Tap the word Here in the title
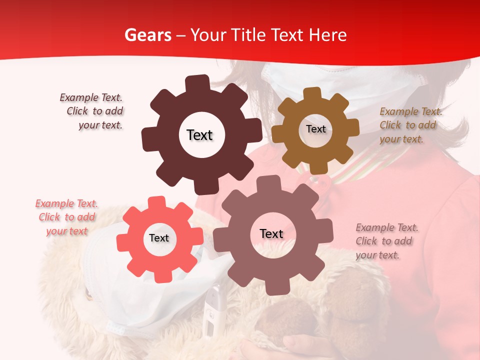(327, 35)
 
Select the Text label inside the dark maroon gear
(199, 135)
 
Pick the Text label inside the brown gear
(315, 129)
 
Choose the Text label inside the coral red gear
(159, 238)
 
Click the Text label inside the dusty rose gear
(271, 233)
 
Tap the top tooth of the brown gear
(312, 93)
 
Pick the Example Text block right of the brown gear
(410, 125)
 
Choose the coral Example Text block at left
(67, 217)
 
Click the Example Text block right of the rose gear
(386, 241)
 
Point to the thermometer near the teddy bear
(212, 310)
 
